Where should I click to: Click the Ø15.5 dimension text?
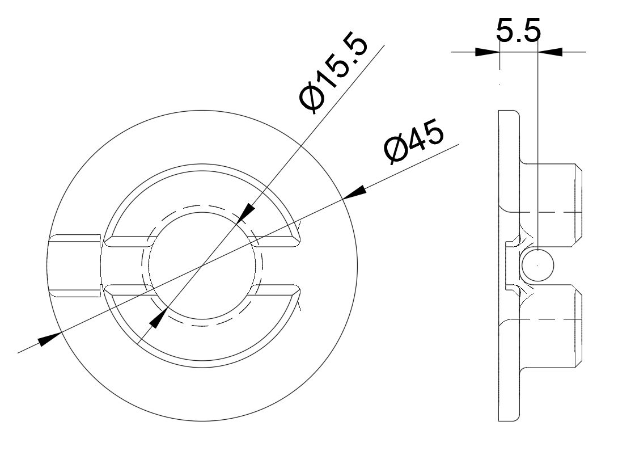(334, 74)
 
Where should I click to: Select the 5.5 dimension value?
(518, 33)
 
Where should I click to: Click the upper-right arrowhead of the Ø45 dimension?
(354, 193)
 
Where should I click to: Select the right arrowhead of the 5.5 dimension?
(549, 52)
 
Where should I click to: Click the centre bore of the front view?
(201, 265)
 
